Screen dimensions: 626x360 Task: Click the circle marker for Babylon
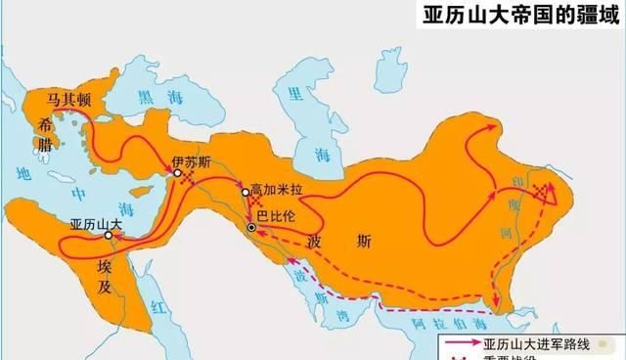click(252, 228)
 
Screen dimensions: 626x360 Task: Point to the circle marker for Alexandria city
click(109, 236)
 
